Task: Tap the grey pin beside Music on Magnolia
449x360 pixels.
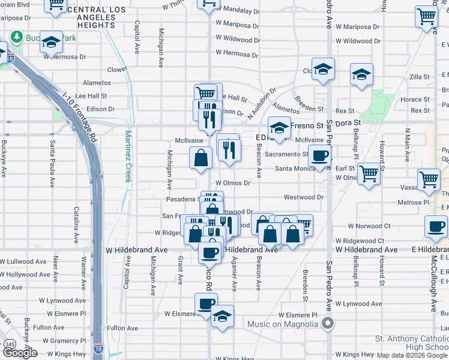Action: pyautogui.click(x=328, y=325)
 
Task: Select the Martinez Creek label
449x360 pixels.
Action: pyautogui.click(x=128, y=157)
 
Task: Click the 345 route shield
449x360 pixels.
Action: pyautogui.click(x=10, y=344)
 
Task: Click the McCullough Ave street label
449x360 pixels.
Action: pyautogui.click(x=433, y=284)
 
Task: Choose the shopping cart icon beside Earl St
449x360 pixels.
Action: pyautogui.click(x=369, y=173)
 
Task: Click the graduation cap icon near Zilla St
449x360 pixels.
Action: pyautogui.click(x=361, y=75)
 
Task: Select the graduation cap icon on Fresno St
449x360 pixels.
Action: pyautogui.click(x=279, y=128)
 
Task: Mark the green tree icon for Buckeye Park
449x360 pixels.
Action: pyautogui.click(x=17, y=36)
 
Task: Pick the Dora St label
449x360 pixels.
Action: pyautogui.click(x=348, y=122)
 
